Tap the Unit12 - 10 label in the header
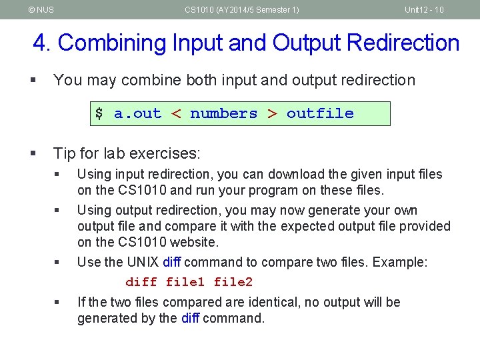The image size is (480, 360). pyautogui.click(x=425, y=10)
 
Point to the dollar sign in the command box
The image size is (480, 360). pyautogui.click(x=99, y=113)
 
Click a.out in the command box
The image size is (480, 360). pyautogui.click(x=138, y=113)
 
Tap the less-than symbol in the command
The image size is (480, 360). pyautogui.click(x=176, y=113)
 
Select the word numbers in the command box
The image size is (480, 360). pyautogui.click(x=223, y=113)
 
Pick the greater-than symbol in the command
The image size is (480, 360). pyautogui.click(x=272, y=113)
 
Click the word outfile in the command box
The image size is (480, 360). pyautogui.click(x=320, y=113)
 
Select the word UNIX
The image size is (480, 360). pyautogui.click(x=141, y=262)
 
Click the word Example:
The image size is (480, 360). pyautogui.click(x=400, y=262)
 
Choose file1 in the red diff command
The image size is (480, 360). pyautogui.click(x=185, y=282)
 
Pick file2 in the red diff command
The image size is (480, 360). pyautogui.click(x=233, y=282)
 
